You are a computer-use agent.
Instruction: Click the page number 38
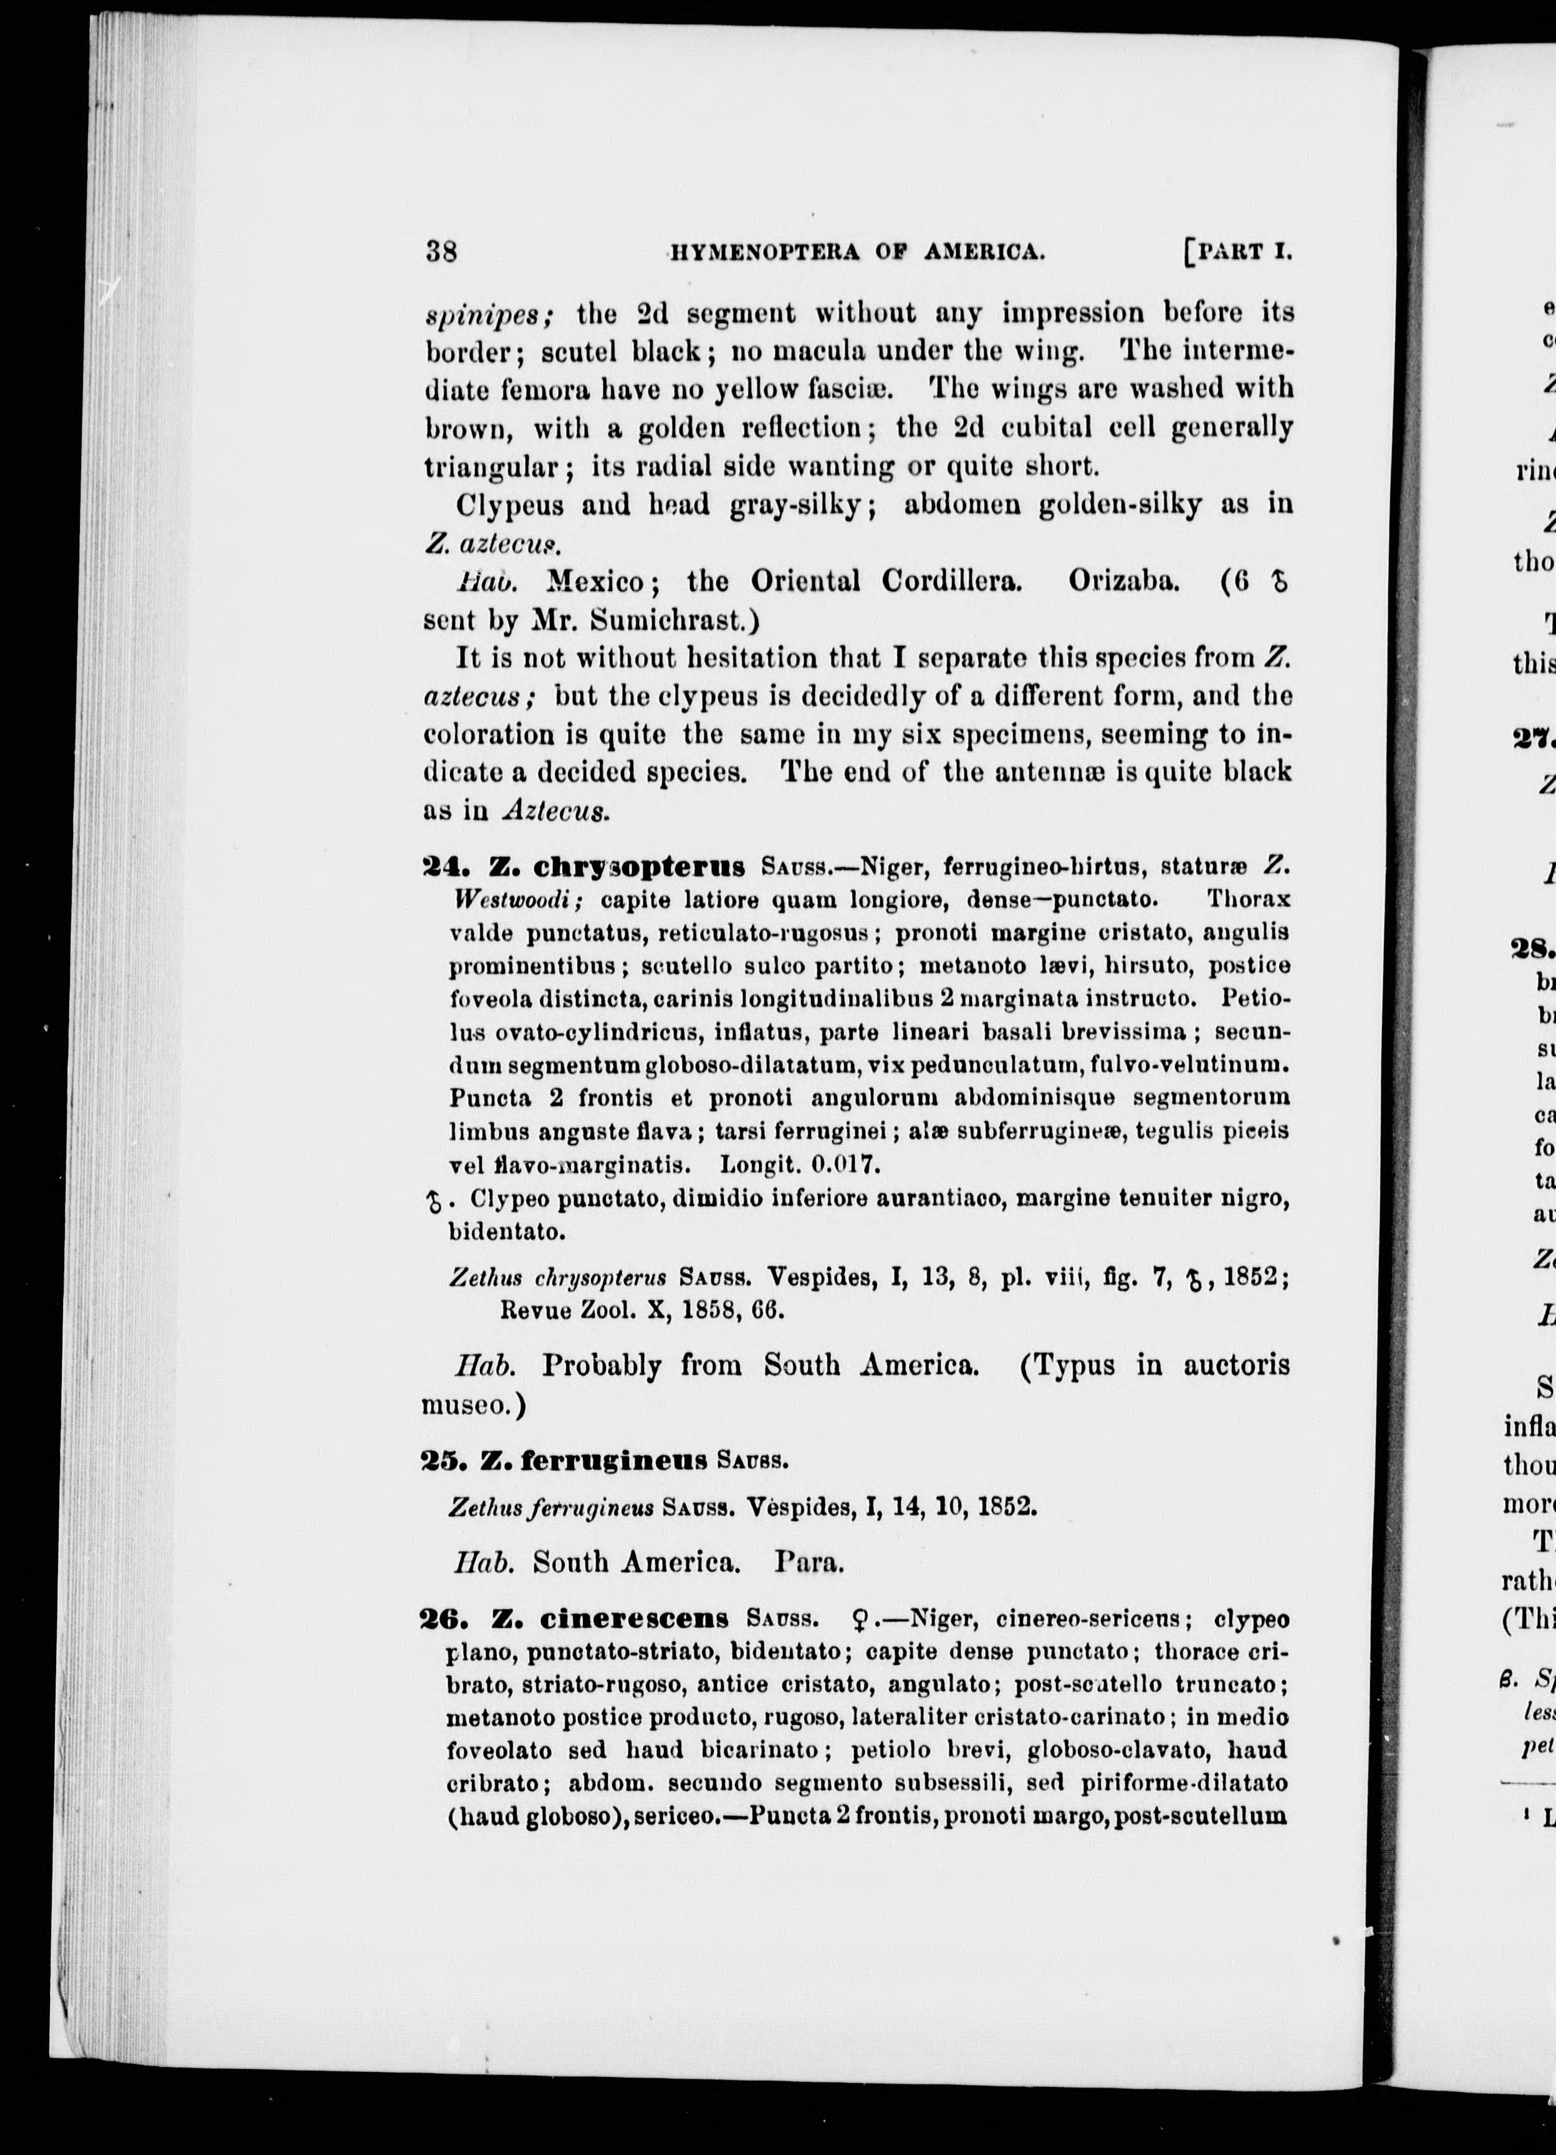(x=443, y=252)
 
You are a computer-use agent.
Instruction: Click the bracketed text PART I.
(x=1241, y=253)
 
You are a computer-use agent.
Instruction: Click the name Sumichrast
(x=671, y=620)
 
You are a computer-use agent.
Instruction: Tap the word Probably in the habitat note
(x=602, y=1366)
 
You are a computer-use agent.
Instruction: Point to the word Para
(x=809, y=1561)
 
